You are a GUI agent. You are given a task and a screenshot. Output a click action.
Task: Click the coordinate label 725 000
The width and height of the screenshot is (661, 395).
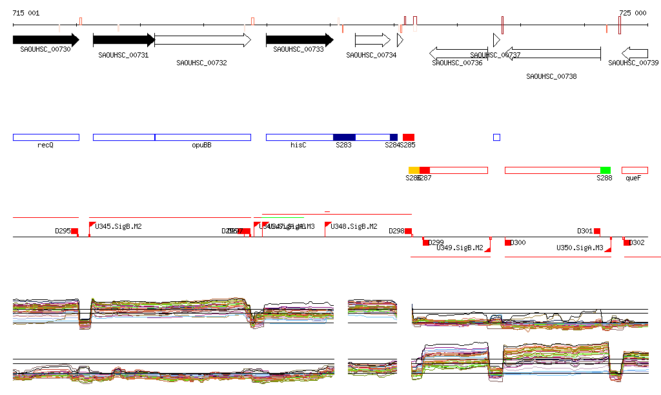pyautogui.click(x=633, y=14)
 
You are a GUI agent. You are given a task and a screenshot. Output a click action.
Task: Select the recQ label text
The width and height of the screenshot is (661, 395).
pyautogui.click(x=45, y=145)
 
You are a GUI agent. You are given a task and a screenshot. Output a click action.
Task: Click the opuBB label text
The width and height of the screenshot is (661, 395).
pyautogui.click(x=201, y=145)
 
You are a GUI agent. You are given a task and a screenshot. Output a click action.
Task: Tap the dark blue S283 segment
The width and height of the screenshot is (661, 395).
pyautogui.click(x=344, y=137)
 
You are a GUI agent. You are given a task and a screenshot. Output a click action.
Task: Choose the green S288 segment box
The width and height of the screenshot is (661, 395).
pyautogui.click(x=605, y=170)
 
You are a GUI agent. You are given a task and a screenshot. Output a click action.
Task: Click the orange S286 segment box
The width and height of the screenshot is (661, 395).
pyautogui.click(x=414, y=170)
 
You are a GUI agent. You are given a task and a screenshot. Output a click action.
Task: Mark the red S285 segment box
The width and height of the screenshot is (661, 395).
pyautogui.click(x=409, y=137)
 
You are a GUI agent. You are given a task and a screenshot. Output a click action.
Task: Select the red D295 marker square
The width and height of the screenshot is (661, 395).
pyautogui.click(x=74, y=231)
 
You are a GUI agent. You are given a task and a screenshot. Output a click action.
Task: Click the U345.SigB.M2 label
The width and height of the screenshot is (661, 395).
pyautogui.click(x=119, y=226)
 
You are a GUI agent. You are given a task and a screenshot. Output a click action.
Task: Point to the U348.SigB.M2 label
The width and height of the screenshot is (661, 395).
pyautogui.click(x=354, y=226)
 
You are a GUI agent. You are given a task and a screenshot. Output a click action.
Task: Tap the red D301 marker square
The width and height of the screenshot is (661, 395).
pyautogui.click(x=597, y=231)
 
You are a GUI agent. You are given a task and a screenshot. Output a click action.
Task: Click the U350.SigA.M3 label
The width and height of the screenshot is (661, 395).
pyautogui.click(x=580, y=248)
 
